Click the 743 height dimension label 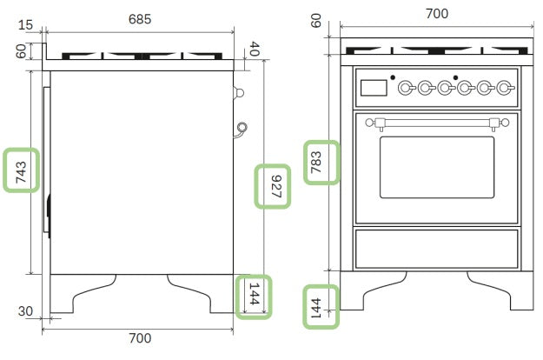[x=22, y=170]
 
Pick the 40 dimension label [x=254, y=51]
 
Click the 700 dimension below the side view [x=140, y=337]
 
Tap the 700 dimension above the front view [x=437, y=14]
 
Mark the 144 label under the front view [x=320, y=305]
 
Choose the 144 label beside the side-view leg [x=254, y=297]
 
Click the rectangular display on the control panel [x=374, y=87]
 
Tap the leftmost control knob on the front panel [x=406, y=87]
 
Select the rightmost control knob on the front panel [x=505, y=87]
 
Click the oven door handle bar [x=436, y=122]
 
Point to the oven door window [x=436, y=167]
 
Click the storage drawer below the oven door [x=436, y=249]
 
